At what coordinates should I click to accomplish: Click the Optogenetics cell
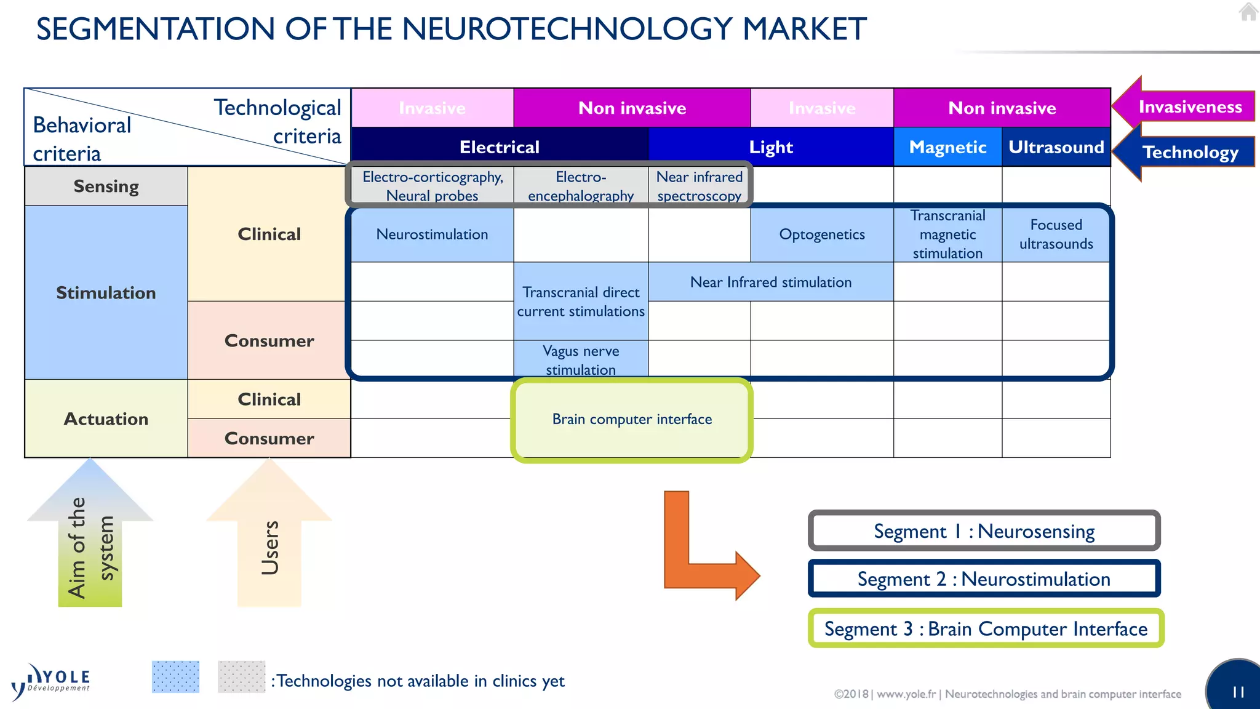(x=821, y=234)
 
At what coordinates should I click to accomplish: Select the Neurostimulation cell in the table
(x=432, y=234)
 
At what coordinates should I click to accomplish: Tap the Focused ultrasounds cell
(x=1056, y=234)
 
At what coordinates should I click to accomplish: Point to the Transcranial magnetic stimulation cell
(x=947, y=234)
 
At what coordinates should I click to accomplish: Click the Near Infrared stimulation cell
(x=770, y=282)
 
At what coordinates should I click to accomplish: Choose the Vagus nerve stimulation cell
(x=581, y=359)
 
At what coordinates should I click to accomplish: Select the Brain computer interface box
(x=632, y=420)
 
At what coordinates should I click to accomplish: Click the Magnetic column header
(x=947, y=147)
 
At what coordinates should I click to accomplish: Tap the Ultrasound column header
(x=1056, y=147)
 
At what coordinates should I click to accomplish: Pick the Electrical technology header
(x=499, y=147)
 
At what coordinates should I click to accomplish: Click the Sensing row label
(x=106, y=186)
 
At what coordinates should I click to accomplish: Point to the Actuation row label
(x=106, y=419)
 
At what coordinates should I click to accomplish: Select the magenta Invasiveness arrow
(x=1184, y=106)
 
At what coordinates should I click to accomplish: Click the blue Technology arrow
(x=1184, y=152)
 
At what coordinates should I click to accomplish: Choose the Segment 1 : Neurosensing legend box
(x=984, y=531)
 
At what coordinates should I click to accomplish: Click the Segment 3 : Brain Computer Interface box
(x=986, y=628)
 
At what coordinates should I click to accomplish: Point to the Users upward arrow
(x=269, y=542)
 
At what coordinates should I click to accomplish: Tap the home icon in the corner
(x=1248, y=12)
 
